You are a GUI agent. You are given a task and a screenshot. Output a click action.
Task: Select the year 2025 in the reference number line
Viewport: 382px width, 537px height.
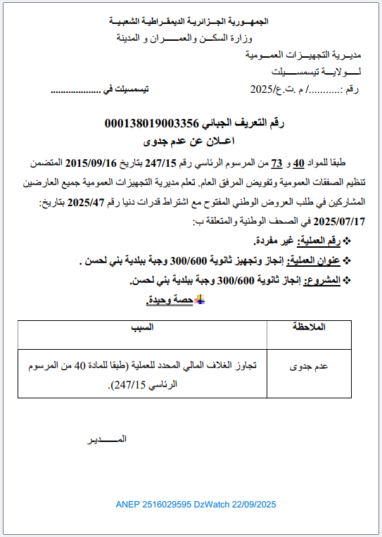pyautogui.click(x=262, y=90)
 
